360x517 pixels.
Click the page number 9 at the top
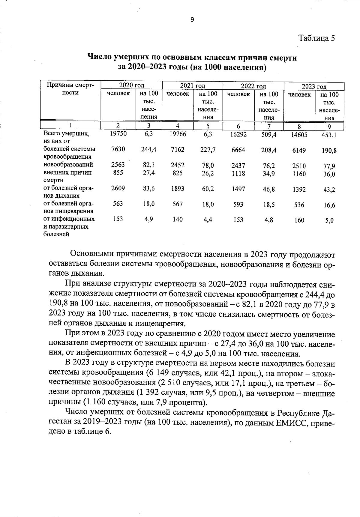(x=192, y=20)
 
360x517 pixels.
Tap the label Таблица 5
(x=316, y=38)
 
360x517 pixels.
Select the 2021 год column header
(x=192, y=86)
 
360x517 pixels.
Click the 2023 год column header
(x=314, y=87)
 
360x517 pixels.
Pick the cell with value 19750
(x=118, y=134)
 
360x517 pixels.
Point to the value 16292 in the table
(x=238, y=135)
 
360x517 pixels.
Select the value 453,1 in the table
(x=329, y=135)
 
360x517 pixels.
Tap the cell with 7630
(x=118, y=149)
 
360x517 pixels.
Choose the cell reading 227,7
(x=208, y=150)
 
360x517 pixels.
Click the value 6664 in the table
(x=239, y=150)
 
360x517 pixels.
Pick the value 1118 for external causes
(x=239, y=173)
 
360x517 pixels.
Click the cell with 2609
(x=118, y=188)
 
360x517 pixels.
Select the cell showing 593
(x=238, y=205)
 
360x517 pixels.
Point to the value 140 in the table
(x=178, y=220)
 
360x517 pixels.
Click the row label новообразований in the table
(x=68, y=165)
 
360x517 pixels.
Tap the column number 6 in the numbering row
(x=238, y=126)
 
